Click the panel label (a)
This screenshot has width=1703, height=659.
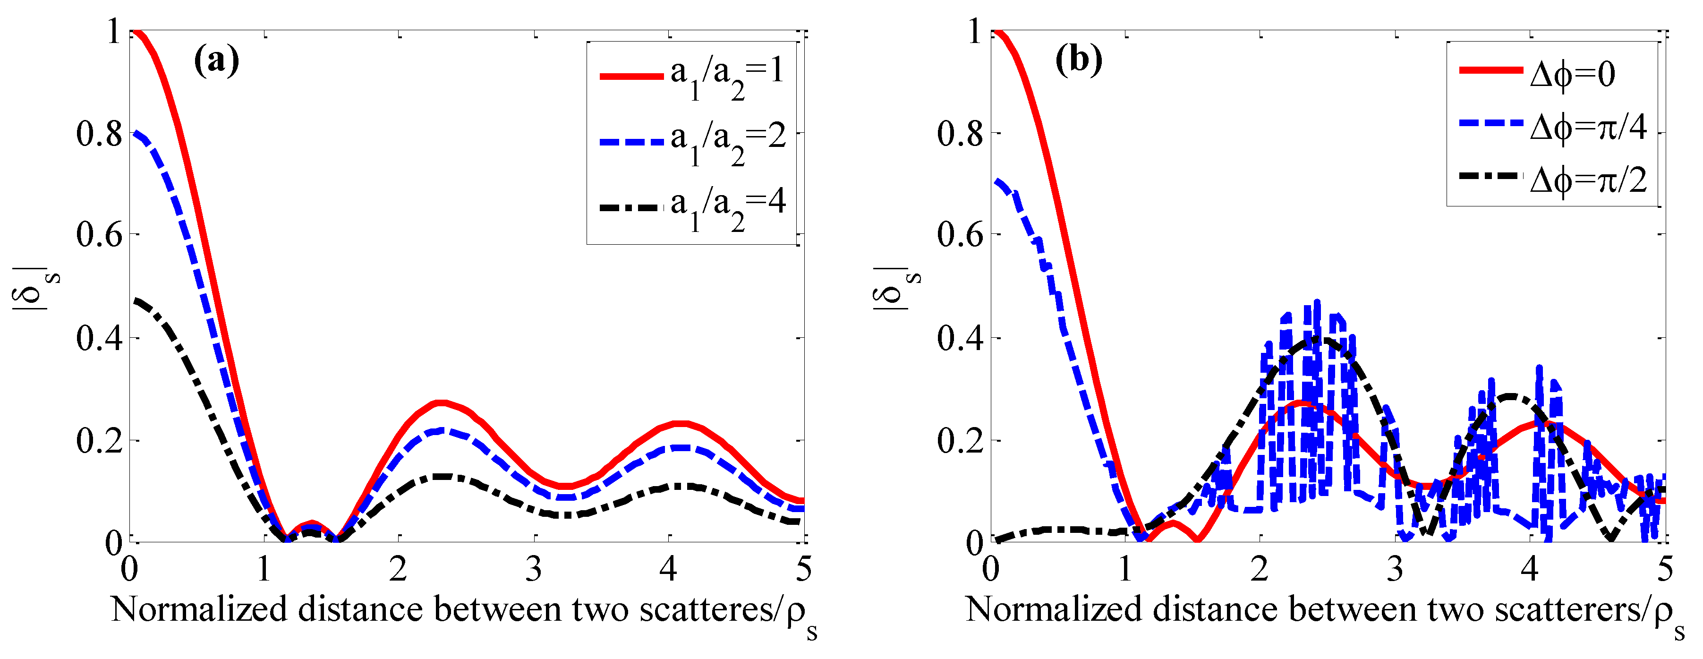(216, 61)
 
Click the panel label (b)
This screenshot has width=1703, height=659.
(1078, 61)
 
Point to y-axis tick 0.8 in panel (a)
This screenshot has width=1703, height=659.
(99, 134)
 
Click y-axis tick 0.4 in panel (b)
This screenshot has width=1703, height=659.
(960, 338)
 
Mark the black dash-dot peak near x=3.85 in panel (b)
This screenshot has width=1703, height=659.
(1510, 396)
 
